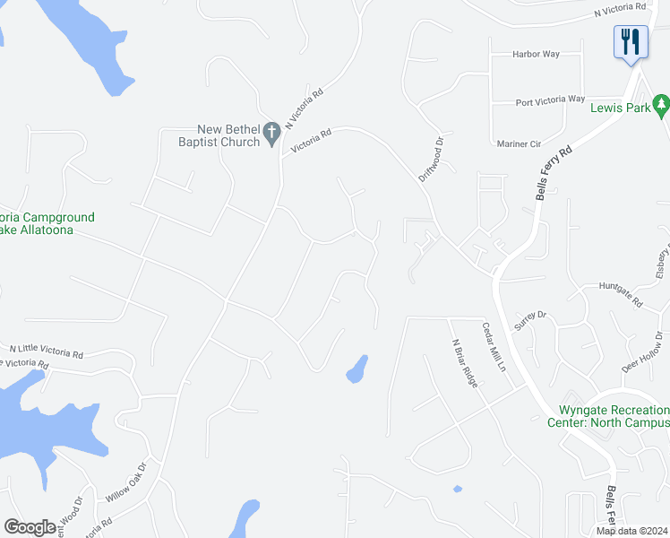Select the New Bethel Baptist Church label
[219, 135]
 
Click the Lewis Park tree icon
[662, 106]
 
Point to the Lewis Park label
[620, 108]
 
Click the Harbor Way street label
[536, 54]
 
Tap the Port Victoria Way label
[551, 100]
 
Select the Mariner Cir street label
[519, 143]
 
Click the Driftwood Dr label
[432, 159]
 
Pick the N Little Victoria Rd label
[47, 350]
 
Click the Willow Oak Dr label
[125, 482]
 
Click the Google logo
[30, 527]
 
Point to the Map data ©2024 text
[631, 531]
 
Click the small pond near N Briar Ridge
[458, 489]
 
